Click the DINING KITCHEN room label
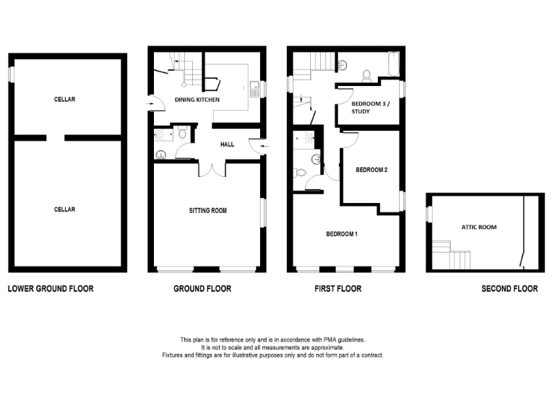tap(197, 100)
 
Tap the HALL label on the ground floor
tap(227, 144)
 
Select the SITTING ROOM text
tap(208, 211)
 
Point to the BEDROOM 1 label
tap(342, 234)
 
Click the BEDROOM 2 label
tap(371, 170)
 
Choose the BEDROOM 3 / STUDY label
tap(369, 108)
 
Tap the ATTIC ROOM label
tap(478, 227)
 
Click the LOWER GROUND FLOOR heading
tap(51, 289)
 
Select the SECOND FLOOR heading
tap(509, 289)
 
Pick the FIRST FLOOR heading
tap(337, 289)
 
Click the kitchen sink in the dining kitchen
tap(254, 90)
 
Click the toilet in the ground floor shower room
tap(183, 132)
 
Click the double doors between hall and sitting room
tap(211, 168)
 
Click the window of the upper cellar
tap(12, 74)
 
